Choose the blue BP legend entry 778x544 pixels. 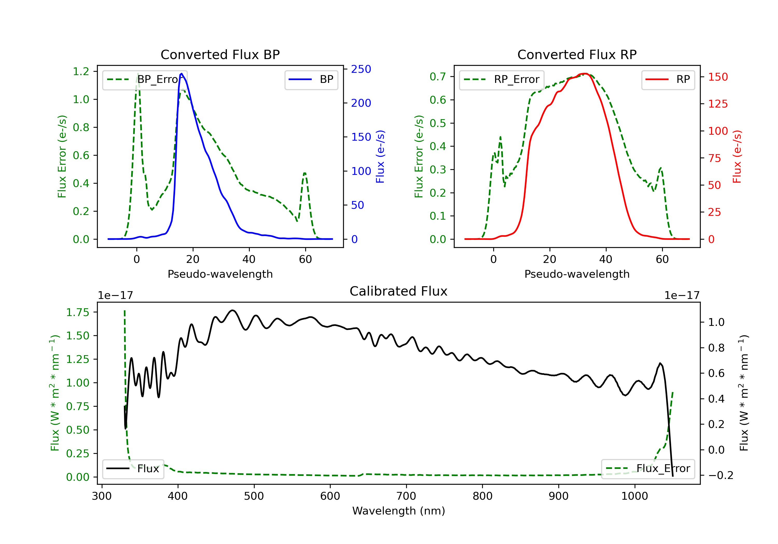311,80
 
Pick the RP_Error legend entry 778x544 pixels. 502,80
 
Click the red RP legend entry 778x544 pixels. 668,80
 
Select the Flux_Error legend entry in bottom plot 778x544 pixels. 648,469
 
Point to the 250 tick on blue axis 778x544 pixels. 361,69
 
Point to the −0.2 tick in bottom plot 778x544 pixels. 720,475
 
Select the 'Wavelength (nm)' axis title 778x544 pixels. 399,511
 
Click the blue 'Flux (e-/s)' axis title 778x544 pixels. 380,156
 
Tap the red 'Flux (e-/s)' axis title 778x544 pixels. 737,156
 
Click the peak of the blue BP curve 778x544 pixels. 182,74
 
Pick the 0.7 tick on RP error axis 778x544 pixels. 437,76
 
